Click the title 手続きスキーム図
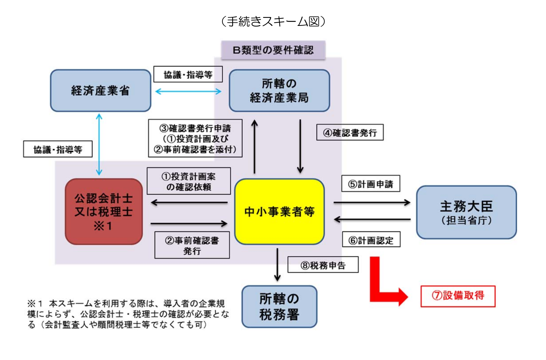click(273, 21)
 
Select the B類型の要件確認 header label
click(273, 50)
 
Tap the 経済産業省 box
click(100, 91)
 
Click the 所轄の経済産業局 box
click(279, 91)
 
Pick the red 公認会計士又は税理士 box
click(104, 211)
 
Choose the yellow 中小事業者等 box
click(279, 211)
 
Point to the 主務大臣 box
click(466, 212)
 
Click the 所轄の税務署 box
click(279, 307)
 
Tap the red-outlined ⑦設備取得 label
click(458, 296)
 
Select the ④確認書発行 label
click(350, 132)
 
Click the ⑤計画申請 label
click(371, 183)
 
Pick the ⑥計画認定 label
click(371, 239)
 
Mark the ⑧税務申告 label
click(323, 265)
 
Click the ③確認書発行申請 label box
click(195, 138)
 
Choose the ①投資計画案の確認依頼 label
click(189, 181)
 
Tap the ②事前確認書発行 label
click(192, 245)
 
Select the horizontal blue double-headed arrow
click(188, 91)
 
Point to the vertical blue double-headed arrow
click(99, 144)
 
